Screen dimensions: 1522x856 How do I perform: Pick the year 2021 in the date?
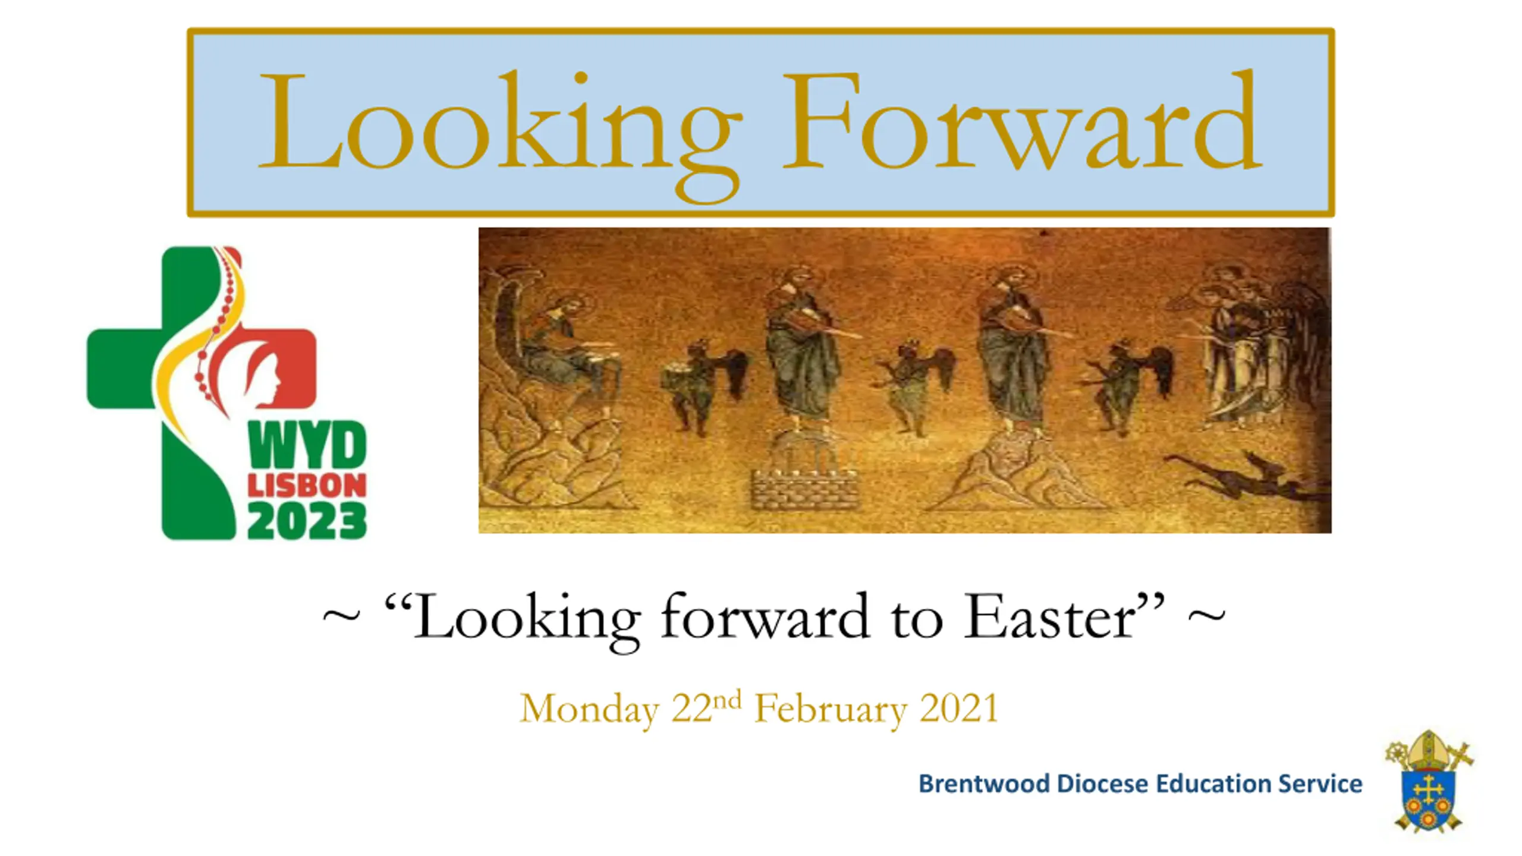point(958,709)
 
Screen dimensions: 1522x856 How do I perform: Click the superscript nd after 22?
point(727,700)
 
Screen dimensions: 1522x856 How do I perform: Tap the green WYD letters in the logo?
point(308,445)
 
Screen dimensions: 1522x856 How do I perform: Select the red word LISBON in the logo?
point(307,486)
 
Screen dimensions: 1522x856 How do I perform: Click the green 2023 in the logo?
point(307,521)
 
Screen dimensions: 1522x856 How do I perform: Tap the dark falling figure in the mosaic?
point(1243,476)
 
